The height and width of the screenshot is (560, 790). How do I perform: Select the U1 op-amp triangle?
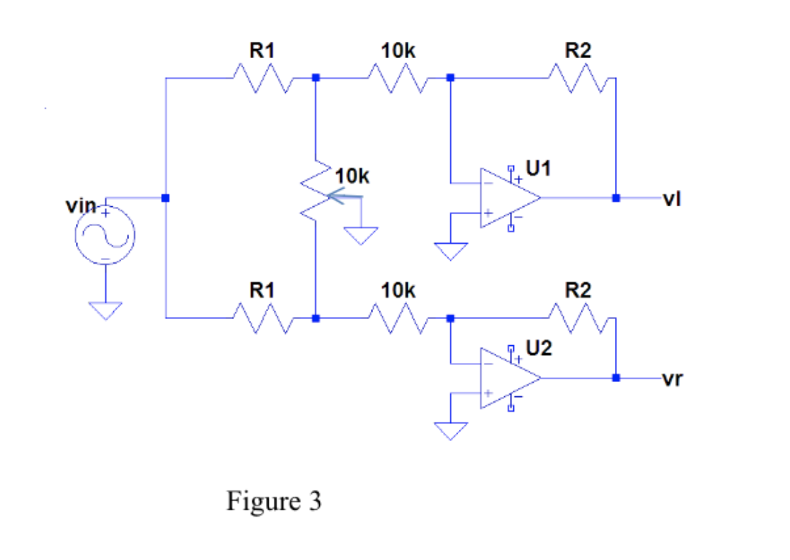(x=506, y=198)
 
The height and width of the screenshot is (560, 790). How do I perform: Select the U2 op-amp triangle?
(x=506, y=378)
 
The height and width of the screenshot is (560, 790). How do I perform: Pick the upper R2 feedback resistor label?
(x=577, y=50)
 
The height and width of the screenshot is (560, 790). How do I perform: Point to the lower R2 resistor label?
(x=577, y=290)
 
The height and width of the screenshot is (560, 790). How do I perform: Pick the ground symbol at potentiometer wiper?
(x=362, y=235)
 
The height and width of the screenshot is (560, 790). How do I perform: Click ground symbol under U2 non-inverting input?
(x=451, y=430)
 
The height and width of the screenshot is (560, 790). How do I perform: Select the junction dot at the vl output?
(x=616, y=198)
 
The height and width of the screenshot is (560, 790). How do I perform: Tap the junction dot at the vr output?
(x=616, y=378)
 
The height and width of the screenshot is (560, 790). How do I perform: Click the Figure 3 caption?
(x=274, y=501)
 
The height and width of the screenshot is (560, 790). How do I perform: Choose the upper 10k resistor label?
(x=398, y=50)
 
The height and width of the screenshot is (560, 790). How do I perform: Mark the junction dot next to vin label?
(x=165, y=198)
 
